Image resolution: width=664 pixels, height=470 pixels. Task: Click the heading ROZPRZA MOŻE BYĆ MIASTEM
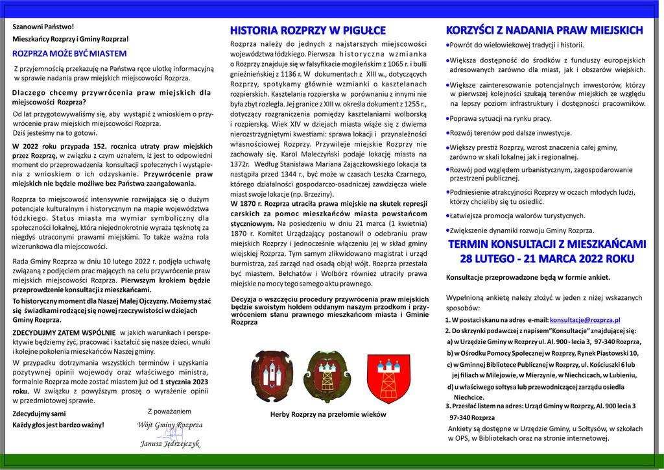(x=70, y=53)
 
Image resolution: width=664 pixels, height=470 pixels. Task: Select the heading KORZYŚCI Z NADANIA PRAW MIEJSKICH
(x=545, y=30)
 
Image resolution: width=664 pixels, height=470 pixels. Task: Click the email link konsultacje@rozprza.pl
(x=585, y=320)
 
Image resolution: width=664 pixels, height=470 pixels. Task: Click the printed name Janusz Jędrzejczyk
(x=171, y=444)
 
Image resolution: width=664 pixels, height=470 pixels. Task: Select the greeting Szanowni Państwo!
(x=43, y=27)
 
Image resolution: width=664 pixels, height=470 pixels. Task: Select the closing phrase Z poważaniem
(x=170, y=411)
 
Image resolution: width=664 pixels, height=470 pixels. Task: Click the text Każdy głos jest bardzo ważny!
(x=58, y=425)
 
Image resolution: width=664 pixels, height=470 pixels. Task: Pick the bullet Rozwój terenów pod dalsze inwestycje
(x=510, y=132)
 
